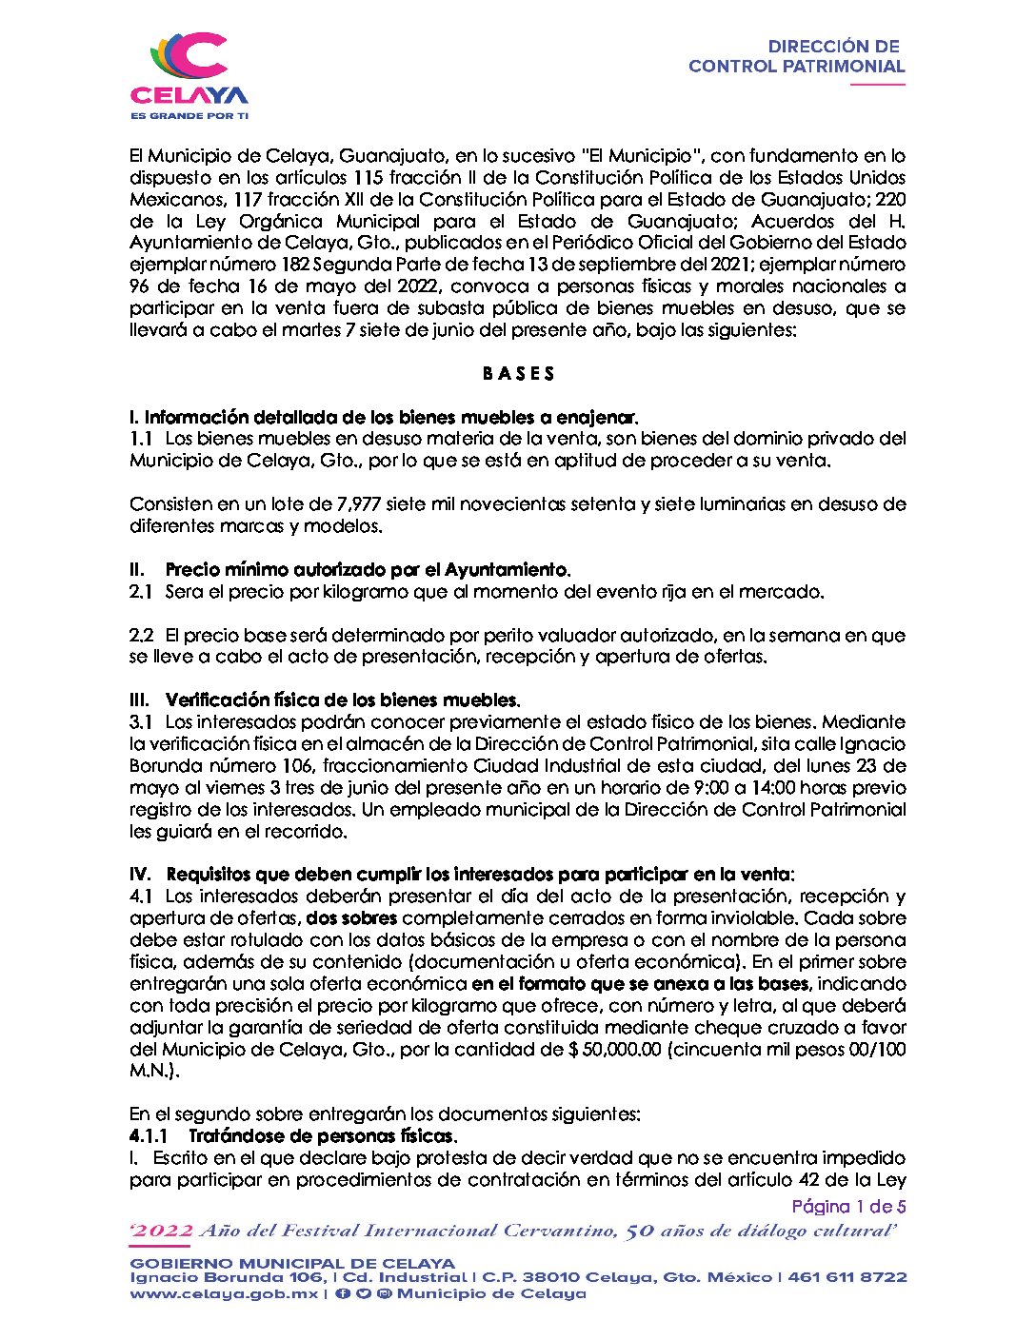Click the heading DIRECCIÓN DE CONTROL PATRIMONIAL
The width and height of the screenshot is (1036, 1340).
tap(796, 56)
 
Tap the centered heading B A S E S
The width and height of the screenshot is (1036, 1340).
tap(518, 373)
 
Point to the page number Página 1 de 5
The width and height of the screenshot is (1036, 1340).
tap(848, 1207)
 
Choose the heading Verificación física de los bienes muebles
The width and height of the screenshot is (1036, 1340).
tap(343, 700)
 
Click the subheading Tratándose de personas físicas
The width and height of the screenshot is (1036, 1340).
tap(323, 1136)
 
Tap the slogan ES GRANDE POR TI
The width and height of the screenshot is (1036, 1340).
tap(189, 115)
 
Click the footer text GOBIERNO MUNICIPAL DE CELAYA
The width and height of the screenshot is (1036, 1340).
tap(292, 1263)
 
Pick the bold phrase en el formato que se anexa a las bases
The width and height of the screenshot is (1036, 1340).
tap(641, 984)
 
